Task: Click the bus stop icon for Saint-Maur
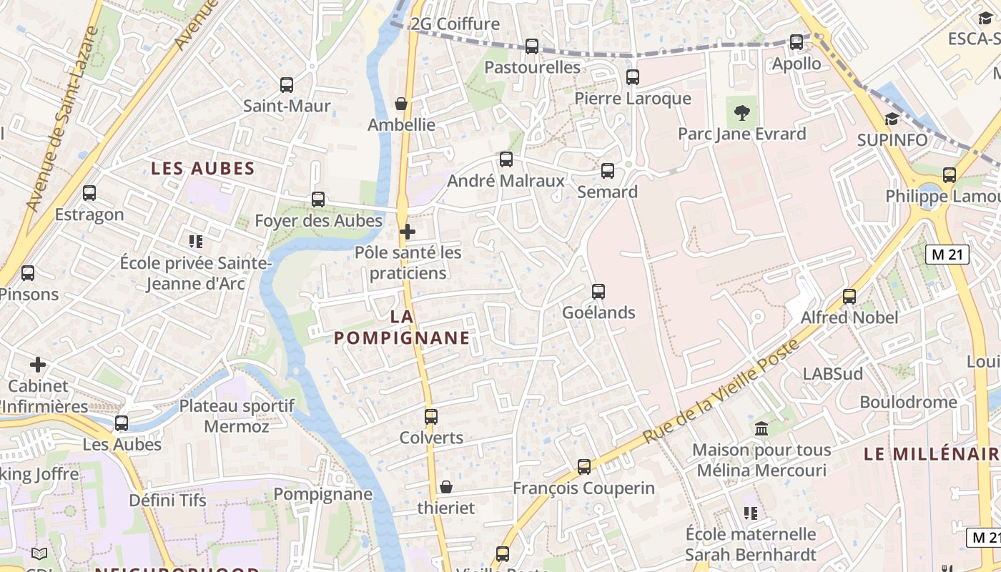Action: coord(287,85)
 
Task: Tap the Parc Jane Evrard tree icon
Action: coord(741,112)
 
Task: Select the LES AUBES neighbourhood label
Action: coord(203,169)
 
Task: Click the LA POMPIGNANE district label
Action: coord(402,327)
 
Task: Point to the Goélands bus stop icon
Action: coord(598,292)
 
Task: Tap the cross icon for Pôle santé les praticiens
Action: coord(408,232)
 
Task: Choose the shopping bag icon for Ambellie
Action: coord(401,104)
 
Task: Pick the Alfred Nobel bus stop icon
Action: coord(849,296)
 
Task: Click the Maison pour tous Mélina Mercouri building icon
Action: coord(761,429)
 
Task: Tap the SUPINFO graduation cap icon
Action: coord(892,119)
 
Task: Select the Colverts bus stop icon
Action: coord(430,417)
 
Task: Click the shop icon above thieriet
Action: coord(446,487)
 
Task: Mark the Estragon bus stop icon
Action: coord(89,193)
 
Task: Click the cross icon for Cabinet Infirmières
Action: coord(38,365)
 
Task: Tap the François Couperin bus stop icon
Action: coord(584,467)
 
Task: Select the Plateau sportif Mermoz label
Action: coord(237,416)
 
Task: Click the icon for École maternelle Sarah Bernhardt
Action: coord(750,513)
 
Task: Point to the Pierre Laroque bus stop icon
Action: coord(633,77)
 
